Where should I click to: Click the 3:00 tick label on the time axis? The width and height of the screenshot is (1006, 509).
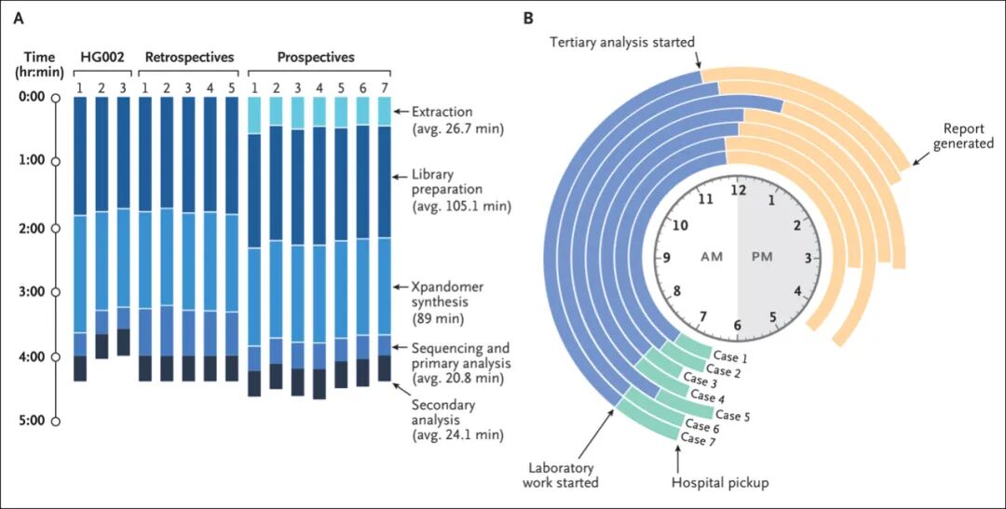(x=31, y=292)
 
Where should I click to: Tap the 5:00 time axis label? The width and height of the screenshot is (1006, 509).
(x=31, y=421)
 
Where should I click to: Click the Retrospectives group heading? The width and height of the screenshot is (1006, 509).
(x=189, y=58)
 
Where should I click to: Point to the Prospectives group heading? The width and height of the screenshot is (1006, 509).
(x=316, y=58)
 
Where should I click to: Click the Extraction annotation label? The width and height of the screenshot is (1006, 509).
(x=442, y=112)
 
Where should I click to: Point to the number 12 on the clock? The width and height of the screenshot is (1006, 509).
(x=738, y=190)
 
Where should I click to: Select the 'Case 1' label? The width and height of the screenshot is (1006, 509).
(x=729, y=355)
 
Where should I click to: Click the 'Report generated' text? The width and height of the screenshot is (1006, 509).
(x=969, y=136)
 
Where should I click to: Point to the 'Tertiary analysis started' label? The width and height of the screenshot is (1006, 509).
(x=622, y=43)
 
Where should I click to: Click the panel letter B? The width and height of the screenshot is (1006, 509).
(x=528, y=18)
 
